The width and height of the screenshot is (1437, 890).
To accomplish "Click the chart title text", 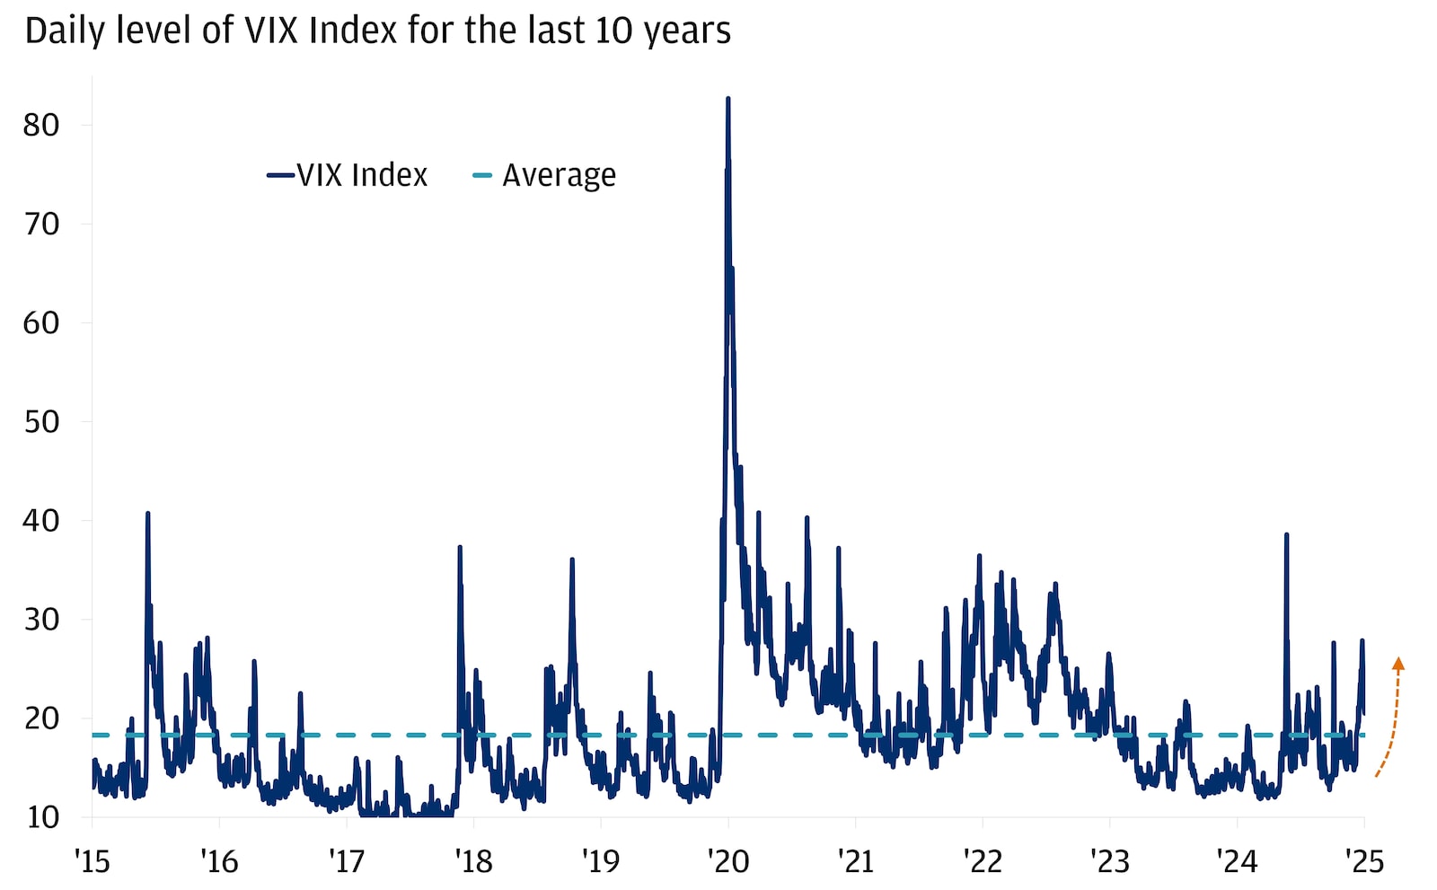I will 377,31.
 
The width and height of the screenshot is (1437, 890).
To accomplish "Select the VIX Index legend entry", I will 348,175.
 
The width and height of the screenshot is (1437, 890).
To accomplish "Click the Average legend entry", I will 545,175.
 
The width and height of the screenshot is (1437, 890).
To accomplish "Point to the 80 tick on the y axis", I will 41,125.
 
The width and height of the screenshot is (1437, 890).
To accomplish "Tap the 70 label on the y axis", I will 41,224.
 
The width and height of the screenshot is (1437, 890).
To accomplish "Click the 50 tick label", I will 41,421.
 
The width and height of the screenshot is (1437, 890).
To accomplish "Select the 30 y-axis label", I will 41,619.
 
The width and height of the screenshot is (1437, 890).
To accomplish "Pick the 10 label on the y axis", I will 41,816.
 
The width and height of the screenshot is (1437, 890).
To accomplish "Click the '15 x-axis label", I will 92,861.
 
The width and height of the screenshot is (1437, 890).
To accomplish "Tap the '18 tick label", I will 473,861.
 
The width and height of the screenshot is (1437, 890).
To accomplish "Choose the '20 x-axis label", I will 727,861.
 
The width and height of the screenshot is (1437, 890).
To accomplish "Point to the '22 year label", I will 983,861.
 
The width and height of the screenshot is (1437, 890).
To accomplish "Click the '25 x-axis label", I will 1364,861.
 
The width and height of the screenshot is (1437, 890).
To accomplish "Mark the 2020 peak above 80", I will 727,99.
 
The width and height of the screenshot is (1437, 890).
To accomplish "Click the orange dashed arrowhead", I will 1397,664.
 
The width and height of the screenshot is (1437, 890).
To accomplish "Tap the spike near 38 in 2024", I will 1286,535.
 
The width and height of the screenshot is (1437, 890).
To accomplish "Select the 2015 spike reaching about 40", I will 147,514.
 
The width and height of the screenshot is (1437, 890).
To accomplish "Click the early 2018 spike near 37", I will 460,547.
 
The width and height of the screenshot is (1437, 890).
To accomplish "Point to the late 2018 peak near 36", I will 572,560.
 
